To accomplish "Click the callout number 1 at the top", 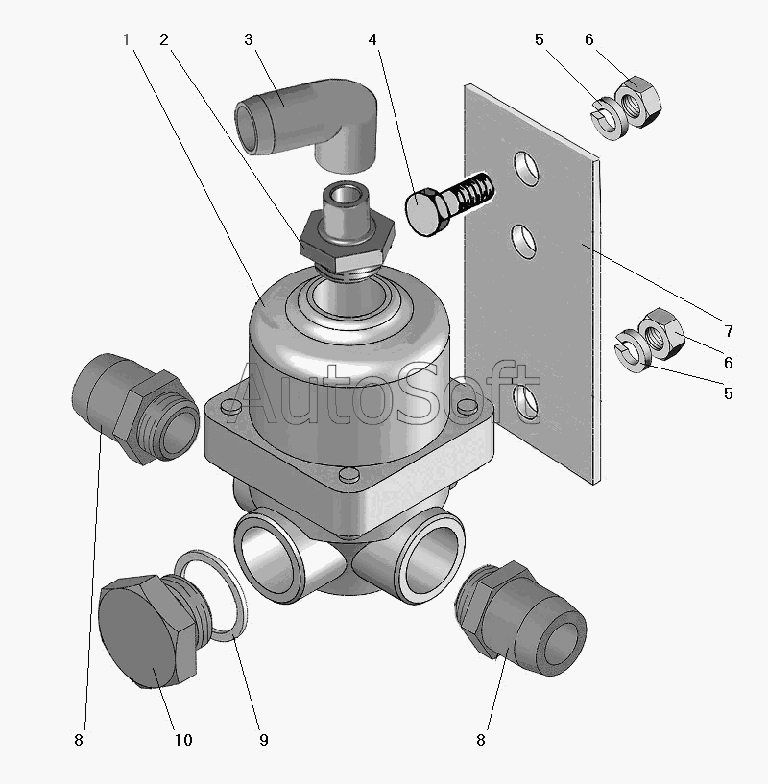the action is pos(126,40).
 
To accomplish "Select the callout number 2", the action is pos(164,40).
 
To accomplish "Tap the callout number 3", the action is pos(248,40).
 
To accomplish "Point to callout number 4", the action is pos(372,40).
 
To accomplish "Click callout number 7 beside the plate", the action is pos(729,332).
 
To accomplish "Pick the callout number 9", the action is pos(263,740).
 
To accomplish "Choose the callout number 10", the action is pos(182,740).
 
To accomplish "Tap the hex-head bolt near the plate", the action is pos(445,202).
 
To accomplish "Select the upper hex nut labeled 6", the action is pos(636,102).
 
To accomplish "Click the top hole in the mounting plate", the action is pos(525,169).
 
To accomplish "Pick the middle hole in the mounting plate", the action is pos(524,239).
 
